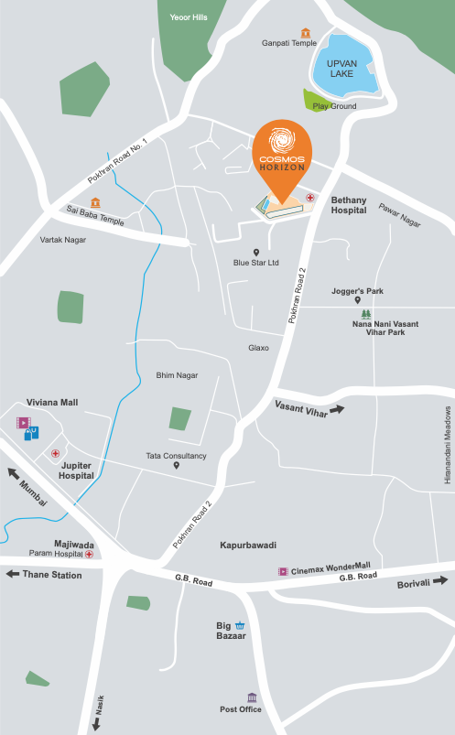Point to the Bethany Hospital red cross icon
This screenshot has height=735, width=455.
click(x=310, y=197)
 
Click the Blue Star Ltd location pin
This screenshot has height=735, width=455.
click(x=256, y=252)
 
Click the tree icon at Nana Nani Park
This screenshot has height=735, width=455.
click(x=366, y=313)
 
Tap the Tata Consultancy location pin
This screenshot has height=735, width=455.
click(x=177, y=465)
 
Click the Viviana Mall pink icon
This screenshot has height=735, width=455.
click(x=23, y=423)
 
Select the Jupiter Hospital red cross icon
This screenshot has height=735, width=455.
click(x=56, y=453)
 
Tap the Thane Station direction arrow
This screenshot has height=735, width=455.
click(x=13, y=575)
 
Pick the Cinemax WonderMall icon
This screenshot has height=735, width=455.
click(x=283, y=571)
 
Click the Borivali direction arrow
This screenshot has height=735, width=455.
click(x=440, y=580)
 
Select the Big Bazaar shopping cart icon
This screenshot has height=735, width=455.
click(x=240, y=625)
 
